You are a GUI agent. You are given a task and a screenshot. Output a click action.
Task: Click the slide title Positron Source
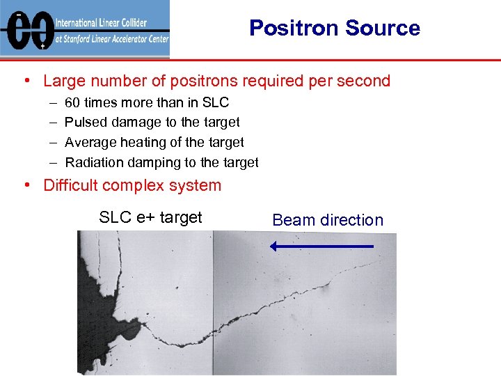[334, 28]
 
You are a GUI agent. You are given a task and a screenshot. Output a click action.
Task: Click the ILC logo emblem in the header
[27, 29]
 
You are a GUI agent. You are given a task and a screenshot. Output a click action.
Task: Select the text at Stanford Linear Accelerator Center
[111, 40]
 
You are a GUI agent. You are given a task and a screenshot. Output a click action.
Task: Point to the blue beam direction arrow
[321, 246]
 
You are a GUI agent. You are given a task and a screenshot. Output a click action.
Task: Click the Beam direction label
[328, 220]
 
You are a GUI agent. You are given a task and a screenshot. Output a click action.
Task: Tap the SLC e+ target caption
[150, 217]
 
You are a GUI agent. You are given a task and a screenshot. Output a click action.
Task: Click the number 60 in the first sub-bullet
[72, 102]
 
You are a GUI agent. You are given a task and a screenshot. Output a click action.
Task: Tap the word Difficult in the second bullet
[70, 185]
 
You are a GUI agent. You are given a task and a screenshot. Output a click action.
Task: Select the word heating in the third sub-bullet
[136, 143]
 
